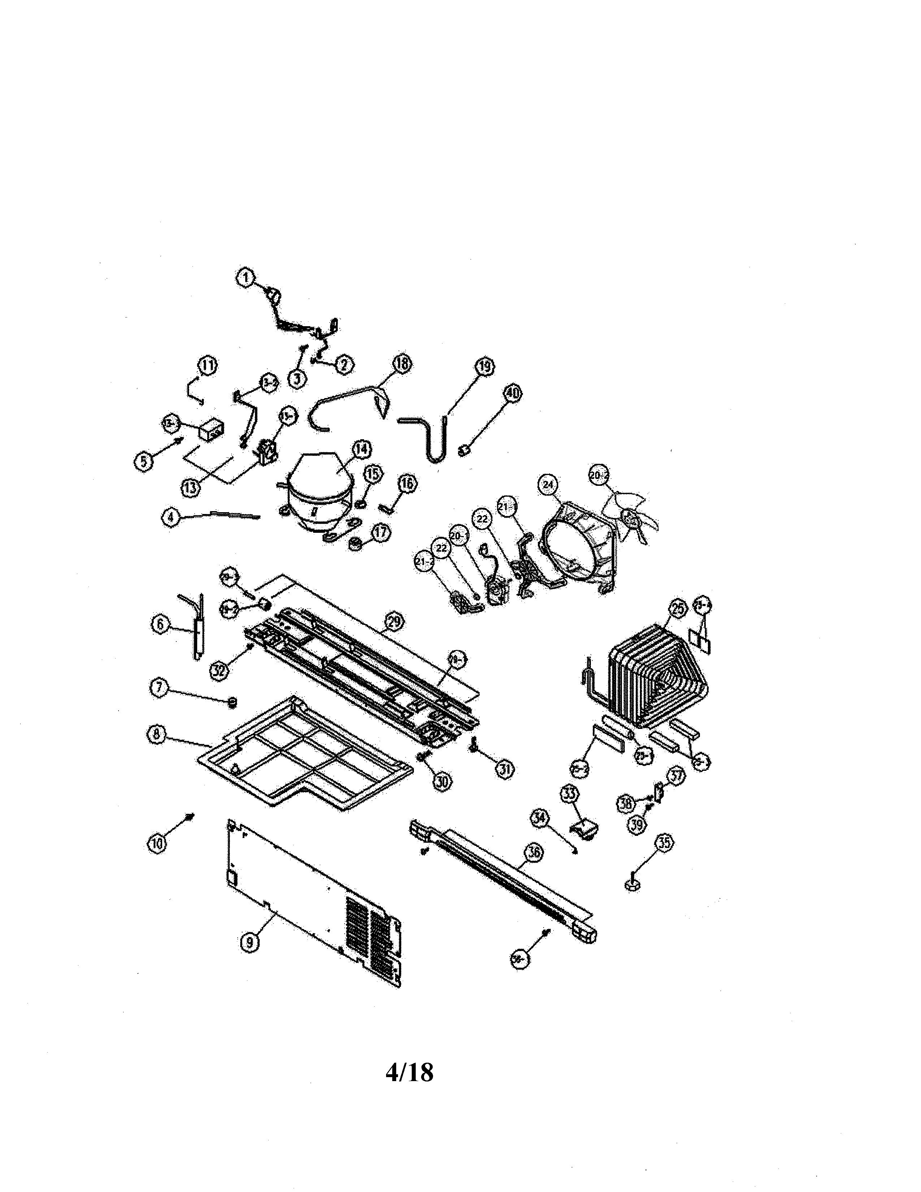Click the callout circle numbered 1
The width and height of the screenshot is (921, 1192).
(246, 278)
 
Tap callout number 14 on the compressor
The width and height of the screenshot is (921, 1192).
(361, 449)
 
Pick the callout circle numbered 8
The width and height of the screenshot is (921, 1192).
(157, 735)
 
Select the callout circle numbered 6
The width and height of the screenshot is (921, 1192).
(160, 625)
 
